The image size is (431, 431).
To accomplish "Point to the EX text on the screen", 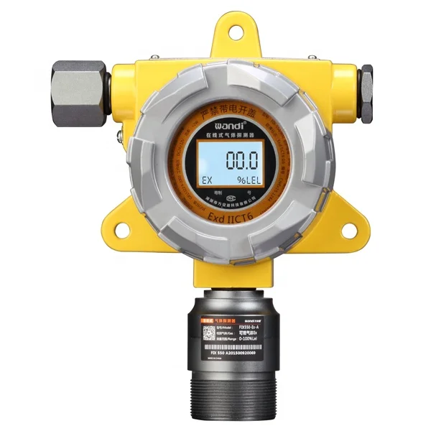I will [x=206, y=180].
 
